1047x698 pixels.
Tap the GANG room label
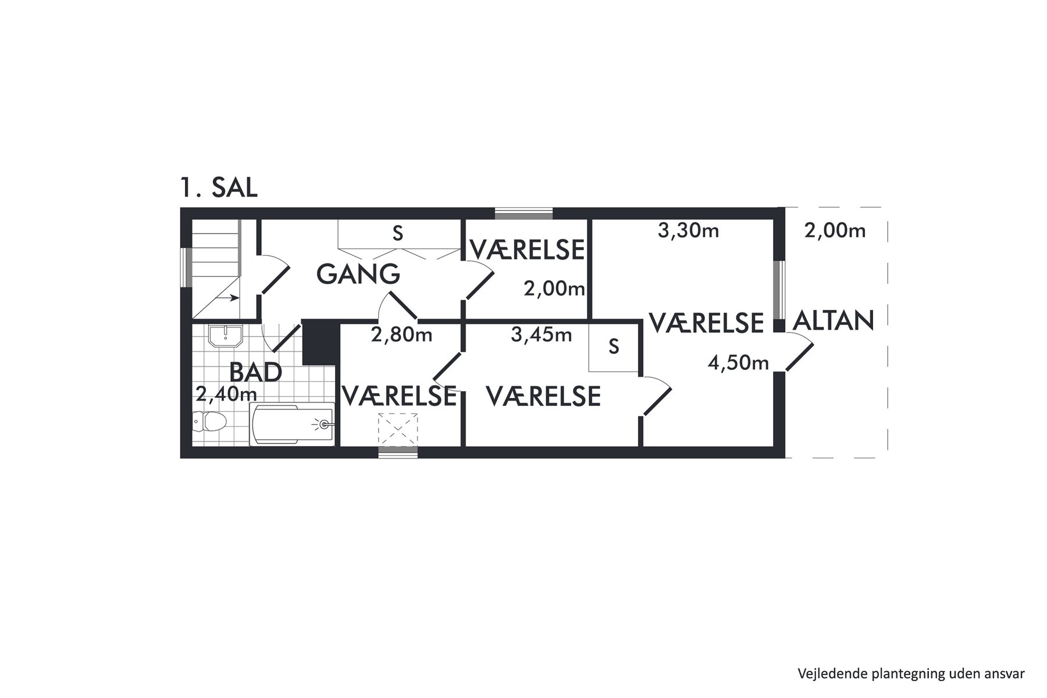358,273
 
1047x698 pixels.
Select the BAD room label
256,372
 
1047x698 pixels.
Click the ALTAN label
834,320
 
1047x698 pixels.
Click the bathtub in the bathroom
292,425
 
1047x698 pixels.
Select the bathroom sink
226,336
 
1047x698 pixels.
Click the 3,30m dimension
688,231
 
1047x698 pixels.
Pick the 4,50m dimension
738,364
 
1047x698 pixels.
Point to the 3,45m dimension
542,334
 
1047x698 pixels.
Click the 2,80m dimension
402,334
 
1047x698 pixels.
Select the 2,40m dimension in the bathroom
226,394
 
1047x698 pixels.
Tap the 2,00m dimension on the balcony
835,231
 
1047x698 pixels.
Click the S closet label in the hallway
398,233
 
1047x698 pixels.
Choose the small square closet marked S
614,347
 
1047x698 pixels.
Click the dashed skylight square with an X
398,430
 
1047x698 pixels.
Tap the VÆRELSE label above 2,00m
526,250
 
